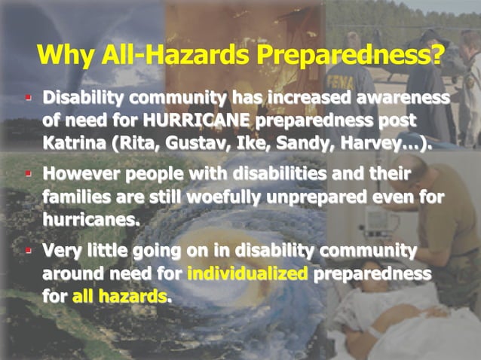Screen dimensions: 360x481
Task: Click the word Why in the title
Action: pos(63,55)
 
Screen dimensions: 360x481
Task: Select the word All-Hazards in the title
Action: pos(169,55)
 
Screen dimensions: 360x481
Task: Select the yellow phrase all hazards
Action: pos(119,295)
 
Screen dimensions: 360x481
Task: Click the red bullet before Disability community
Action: pos(28,98)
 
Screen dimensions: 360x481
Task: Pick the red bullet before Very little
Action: pos(28,249)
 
